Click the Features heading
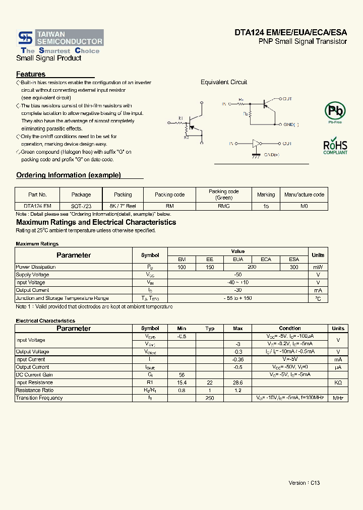[x=31, y=74]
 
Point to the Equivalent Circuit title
[x=224, y=82]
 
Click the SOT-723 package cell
[x=81, y=206]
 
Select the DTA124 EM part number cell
[x=37, y=206]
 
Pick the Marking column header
[x=266, y=195]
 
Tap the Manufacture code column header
[x=304, y=195]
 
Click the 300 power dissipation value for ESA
[x=294, y=267]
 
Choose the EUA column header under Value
[x=237, y=259]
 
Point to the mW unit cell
[x=318, y=267]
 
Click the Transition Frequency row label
[x=39, y=398]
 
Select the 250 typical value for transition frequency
[x=210, y=398]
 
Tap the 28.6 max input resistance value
[x=238, y=382]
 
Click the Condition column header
[x=290, y=328]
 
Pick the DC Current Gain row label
[x=34, y=374]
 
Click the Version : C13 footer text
[x=304, y=483]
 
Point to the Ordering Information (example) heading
[x=69, y=175]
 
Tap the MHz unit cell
[x=338, y=398]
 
